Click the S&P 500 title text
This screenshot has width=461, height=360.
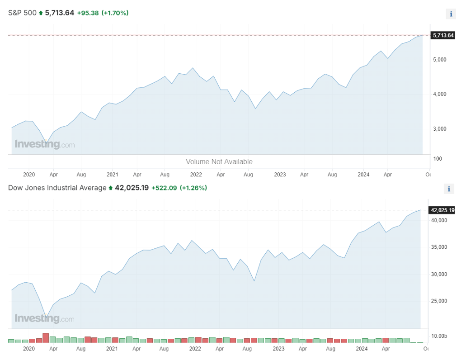[22, 13]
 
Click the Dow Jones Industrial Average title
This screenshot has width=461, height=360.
[57, 188]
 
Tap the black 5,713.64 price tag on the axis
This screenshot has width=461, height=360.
[443, 35]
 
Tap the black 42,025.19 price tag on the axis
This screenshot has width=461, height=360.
[442, 210]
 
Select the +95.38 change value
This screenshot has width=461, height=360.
[88, 13]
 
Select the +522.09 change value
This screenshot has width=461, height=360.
[164, 188]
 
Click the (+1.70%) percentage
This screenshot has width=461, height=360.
[115, 13]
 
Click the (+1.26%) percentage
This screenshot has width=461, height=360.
[193, 188]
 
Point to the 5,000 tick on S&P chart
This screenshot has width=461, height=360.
[440, 60]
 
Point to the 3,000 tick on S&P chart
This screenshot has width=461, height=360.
[440, 129]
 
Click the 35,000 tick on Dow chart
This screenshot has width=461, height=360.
[439, 247]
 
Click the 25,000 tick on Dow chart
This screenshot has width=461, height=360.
[439, 301]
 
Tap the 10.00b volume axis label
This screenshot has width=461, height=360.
[439, 336]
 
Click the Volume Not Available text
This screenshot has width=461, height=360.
[219, 162]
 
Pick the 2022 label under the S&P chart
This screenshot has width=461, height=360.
[196, 175]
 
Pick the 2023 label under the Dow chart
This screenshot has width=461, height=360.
[278, 349]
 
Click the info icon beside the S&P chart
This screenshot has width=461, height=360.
[451, 14]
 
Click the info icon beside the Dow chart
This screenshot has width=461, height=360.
[449, 189]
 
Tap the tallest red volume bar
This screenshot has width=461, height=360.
[46, 338]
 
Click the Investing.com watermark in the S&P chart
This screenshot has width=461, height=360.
[45, 144]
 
